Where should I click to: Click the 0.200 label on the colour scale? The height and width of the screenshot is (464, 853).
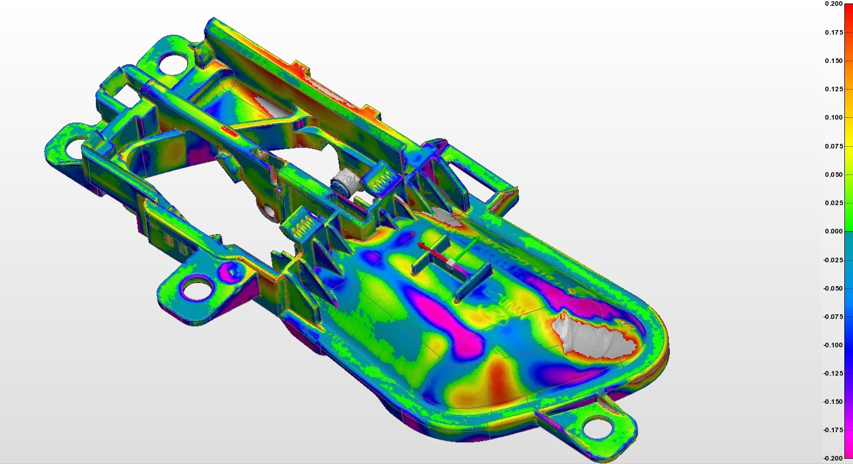click(x=833, y=4)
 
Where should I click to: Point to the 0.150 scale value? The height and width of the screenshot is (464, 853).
click(x=833, y=61)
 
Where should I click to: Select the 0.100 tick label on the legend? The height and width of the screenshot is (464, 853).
click(x=833, y=117)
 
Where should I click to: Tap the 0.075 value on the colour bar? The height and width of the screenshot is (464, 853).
click(x=833, y=146)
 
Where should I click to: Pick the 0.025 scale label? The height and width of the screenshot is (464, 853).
click(x=833, y=203)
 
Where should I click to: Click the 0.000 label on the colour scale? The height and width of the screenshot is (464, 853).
click(x=833, y=231)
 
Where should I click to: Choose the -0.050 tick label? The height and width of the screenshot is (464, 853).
click(x=833, y=288)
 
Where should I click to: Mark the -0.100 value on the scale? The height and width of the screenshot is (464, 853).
click(x=833, y=345)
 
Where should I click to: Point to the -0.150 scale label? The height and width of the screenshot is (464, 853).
click(x=833, y=402)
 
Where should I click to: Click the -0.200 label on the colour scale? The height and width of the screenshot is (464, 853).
click(x=833, y=458)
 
